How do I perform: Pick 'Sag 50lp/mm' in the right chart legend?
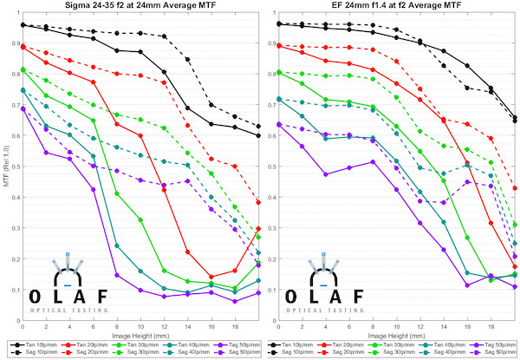tap(493, 354)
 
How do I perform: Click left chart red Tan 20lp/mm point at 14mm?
tap(188, 252)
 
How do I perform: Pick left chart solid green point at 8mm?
tap(117, 193)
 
